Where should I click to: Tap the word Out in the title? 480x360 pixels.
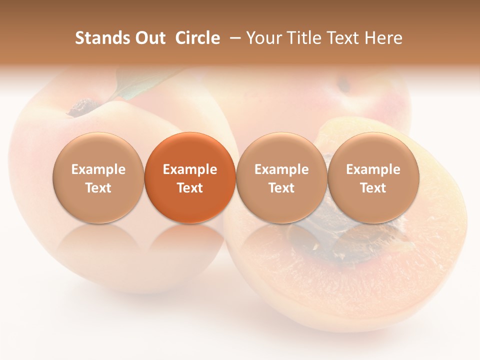(149, 38)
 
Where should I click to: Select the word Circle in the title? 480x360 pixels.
(197, 38)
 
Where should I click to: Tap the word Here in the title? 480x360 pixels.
(384, 38)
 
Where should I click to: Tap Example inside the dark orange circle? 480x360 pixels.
(190, 169)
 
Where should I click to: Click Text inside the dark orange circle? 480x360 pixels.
(190, 188)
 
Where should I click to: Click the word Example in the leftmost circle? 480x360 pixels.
(98, 169)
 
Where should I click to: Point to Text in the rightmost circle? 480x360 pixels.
(373, 188)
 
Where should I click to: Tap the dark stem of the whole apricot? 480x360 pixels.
(82, 107)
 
